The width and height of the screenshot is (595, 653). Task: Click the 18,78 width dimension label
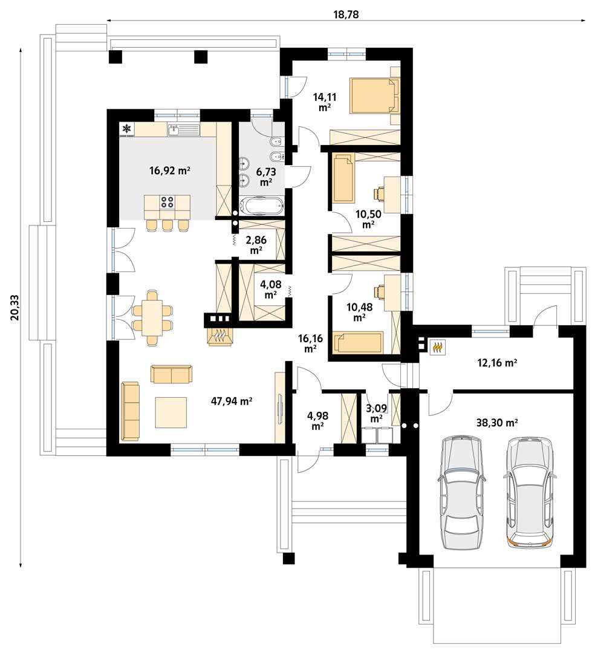[346, 15]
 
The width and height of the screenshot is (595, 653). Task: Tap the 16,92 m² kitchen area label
[169, 170]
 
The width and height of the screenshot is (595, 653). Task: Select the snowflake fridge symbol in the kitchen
[126, 129]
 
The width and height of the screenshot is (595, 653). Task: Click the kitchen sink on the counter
[184, 130]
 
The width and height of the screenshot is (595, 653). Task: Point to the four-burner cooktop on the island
[167, 203]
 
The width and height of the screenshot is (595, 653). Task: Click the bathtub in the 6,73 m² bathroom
[261, 206]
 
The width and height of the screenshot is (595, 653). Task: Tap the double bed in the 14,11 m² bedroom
[374, 96]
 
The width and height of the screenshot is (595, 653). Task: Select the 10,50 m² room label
[368, 219]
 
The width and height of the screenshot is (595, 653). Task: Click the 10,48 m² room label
[359, 312]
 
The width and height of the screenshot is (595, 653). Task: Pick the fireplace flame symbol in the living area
[219, 336]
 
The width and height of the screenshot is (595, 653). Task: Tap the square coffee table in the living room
[171, 412]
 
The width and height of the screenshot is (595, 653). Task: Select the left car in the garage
[461, 493]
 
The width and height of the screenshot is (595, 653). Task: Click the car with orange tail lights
[530, 493]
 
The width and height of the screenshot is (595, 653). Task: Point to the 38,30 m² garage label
[496, 423]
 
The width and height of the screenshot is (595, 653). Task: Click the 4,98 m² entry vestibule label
[317, 421]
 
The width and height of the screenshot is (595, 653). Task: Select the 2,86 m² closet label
[256, 245]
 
